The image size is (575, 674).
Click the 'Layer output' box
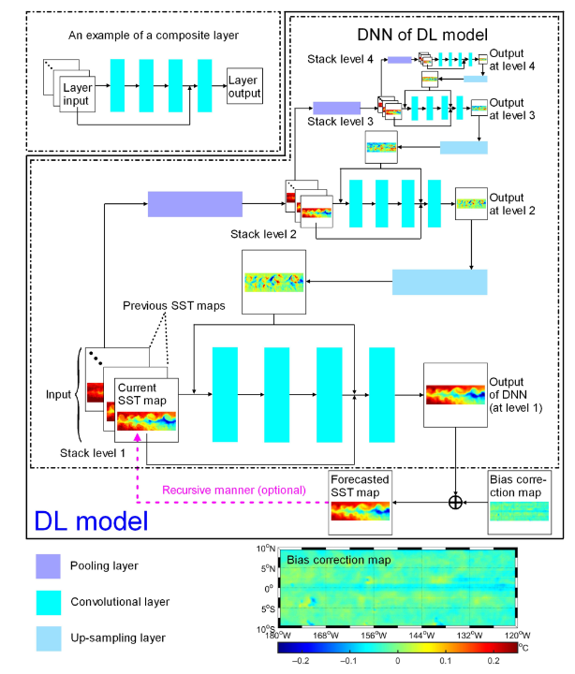243,88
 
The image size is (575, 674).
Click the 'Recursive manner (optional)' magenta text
233,490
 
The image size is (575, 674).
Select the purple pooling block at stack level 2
195,204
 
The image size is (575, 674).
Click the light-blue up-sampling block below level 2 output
439,282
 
